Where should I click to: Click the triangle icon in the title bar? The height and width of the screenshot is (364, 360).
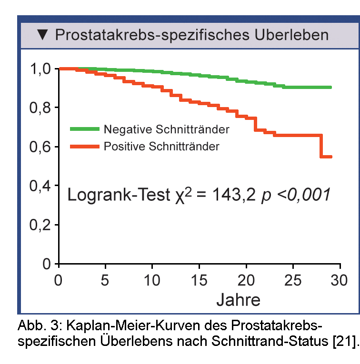click(43, 35)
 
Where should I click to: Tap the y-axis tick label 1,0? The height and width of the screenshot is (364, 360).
click(40, 69)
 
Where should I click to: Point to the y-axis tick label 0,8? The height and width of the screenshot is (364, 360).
click(40, 108)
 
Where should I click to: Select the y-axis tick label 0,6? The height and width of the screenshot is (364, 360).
click(40, 147)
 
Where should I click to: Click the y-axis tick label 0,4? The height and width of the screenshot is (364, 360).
click(40, 186)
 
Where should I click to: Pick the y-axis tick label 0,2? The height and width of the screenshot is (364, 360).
click(40, 225)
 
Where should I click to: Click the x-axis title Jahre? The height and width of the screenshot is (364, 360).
click(238, 300)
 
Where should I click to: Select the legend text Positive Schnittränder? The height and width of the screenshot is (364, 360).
click(161, 147)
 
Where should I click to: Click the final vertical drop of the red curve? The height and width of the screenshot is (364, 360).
click(321, 146)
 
